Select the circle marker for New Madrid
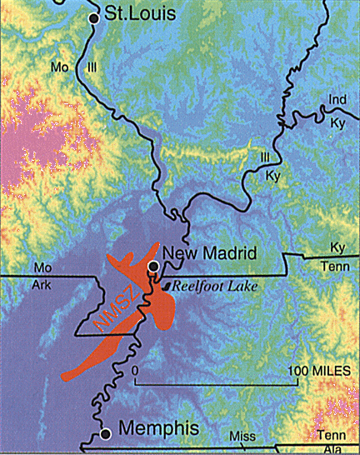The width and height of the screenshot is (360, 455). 152,267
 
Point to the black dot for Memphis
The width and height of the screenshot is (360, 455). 106,433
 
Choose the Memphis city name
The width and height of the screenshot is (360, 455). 159,429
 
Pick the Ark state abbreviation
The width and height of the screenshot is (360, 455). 42,282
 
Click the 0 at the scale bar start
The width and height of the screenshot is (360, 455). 133,369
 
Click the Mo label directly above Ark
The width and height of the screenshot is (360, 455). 41,267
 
